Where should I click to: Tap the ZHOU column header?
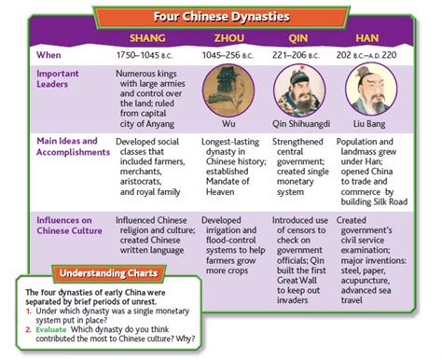[229, 38]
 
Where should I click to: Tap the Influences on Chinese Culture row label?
[72, 224]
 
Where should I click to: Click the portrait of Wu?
[229, 90]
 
